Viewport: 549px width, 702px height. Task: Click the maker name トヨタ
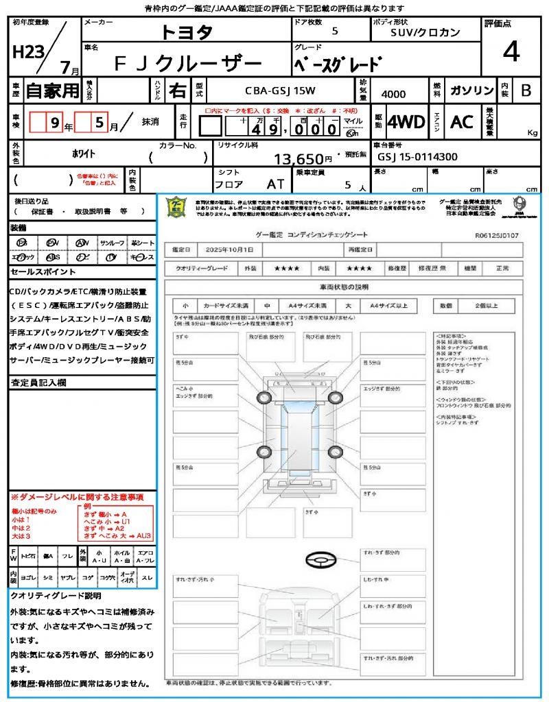click(187, 32)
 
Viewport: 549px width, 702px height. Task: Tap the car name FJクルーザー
click(187, 64)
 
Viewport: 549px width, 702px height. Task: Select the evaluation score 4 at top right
click(510, 51)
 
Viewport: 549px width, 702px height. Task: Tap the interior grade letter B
click(526, 91)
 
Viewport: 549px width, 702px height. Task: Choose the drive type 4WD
click(406, 123)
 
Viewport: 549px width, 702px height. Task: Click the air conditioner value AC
click(462, 123)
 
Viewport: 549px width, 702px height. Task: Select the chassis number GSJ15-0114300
click(417, 156)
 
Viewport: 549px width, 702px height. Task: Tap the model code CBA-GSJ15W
click(277, 90)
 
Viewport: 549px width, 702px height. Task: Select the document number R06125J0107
click(496, 234)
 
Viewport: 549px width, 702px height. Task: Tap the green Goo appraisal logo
click(176, 207)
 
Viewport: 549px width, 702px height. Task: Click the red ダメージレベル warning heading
click(77, 496)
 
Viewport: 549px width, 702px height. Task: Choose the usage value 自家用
click(53, 90)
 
